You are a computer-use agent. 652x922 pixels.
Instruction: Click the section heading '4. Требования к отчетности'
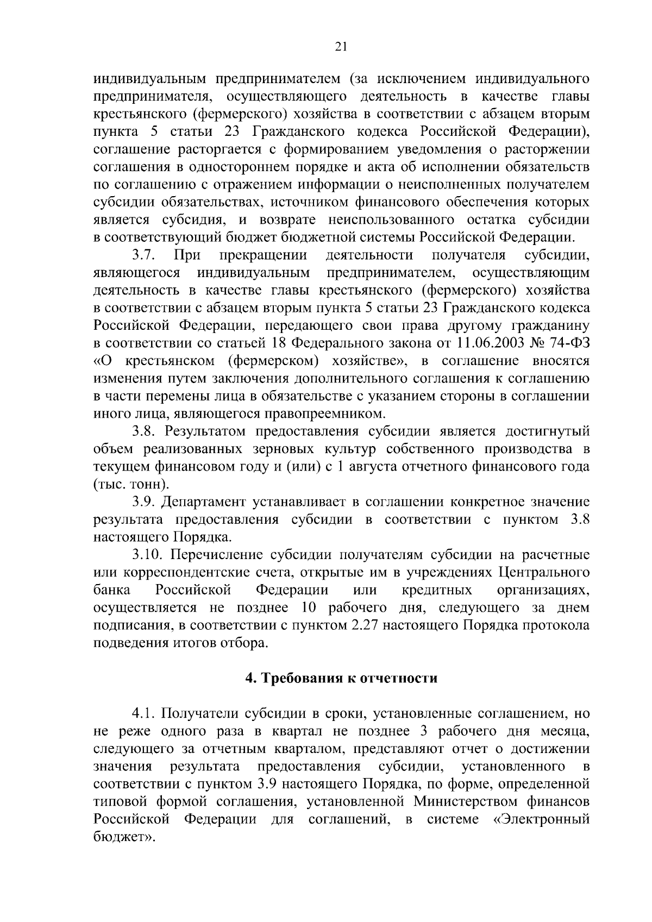341,678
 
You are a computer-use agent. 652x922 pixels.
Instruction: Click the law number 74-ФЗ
568,343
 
